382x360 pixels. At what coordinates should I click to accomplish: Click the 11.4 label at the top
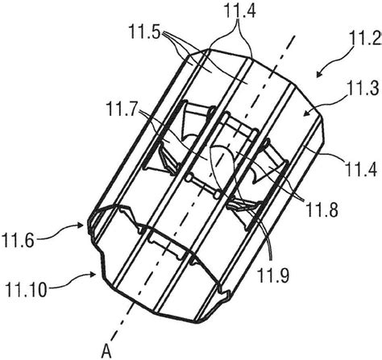pyautogui.click(x=240, y=11)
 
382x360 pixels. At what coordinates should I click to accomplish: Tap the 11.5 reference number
pyautogui.click(x=145, y=31)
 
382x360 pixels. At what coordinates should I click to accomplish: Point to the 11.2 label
pyautogui.click(x=365, y=39)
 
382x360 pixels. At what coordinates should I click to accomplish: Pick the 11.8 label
pyautogui.click(x=322, y=209)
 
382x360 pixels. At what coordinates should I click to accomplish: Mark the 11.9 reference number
pyautogui.click(x=273, y=274)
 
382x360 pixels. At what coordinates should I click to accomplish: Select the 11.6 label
pyautogui.click(x=18, y=240)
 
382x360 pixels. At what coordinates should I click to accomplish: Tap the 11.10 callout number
pyautogui.click(x=26, y=289)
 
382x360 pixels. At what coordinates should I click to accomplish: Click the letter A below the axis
pyautogui.click(x=106, y=350)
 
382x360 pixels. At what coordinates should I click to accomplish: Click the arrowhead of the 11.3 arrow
pyautogui.click(x=305, y=114)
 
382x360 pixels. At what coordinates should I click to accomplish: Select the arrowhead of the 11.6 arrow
pyautogui.click(x=81, y=225)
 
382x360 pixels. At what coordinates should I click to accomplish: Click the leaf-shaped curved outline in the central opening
pyautogui.click(x=223, y=167)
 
